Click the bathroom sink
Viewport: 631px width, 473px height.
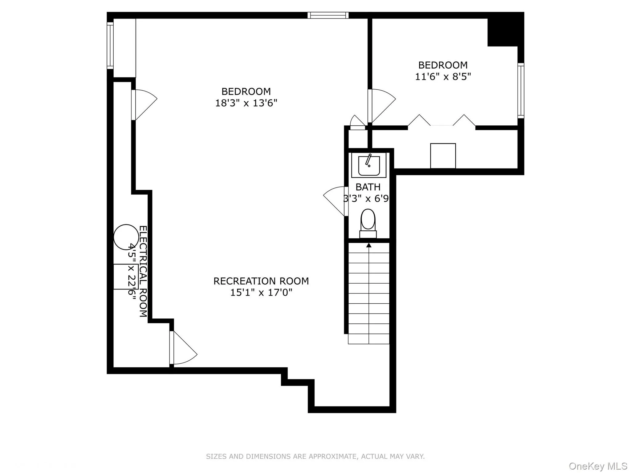369,166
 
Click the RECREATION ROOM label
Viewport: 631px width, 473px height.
261,281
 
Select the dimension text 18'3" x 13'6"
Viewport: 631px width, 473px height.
246,103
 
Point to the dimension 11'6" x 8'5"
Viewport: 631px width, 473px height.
443,76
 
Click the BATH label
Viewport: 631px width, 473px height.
368,187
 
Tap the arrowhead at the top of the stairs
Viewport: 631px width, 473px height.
369,245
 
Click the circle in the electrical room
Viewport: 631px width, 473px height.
126,237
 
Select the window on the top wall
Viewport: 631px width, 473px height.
328,15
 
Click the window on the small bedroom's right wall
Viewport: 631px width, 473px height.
521,91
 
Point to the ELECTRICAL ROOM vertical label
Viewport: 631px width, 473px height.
143,271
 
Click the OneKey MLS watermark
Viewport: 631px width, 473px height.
598,466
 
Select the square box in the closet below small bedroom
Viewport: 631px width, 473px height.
443,156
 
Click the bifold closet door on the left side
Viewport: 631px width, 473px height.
419,120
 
